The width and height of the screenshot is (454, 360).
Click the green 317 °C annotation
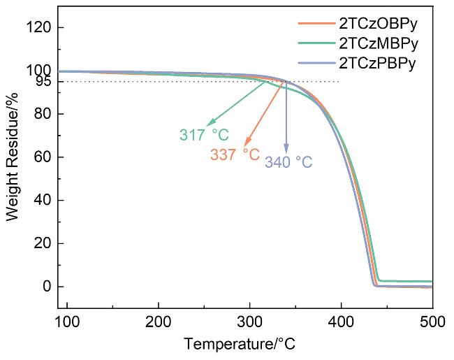click(205, 134)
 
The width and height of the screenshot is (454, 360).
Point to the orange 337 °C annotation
click(235, 154)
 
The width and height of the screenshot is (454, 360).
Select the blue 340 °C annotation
click(288, 162)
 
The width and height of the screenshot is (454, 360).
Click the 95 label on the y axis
click(43, 82)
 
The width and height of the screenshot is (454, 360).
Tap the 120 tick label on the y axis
click(38, 27)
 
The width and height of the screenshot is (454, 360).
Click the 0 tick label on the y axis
click(46, 287)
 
